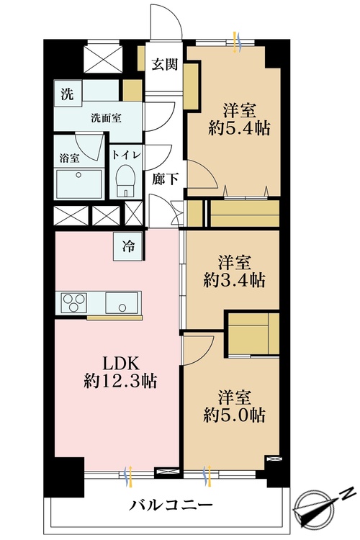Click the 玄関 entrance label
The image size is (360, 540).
[165, 64]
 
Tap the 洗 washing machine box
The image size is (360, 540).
[68, 94]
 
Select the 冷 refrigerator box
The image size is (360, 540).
[128, 246]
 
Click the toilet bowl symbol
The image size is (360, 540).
[125, 180]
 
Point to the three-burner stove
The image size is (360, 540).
[73, 302]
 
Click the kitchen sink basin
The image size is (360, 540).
[122, 302]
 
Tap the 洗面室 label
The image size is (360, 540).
[106, 118]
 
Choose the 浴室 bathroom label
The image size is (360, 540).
[70, 158]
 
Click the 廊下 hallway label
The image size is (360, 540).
[166, 179]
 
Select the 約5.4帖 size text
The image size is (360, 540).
[239, 128]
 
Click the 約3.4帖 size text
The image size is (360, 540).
[234, 280]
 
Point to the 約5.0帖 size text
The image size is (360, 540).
[234, 415]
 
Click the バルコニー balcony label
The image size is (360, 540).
[171, 505]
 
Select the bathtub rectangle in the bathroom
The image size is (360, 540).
[80, 184]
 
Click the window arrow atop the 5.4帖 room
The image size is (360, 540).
[236, 42]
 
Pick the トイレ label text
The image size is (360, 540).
[126, 155]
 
